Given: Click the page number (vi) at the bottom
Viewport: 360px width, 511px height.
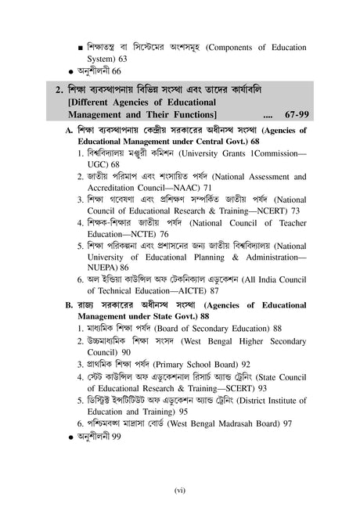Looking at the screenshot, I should [x=179, y=491].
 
